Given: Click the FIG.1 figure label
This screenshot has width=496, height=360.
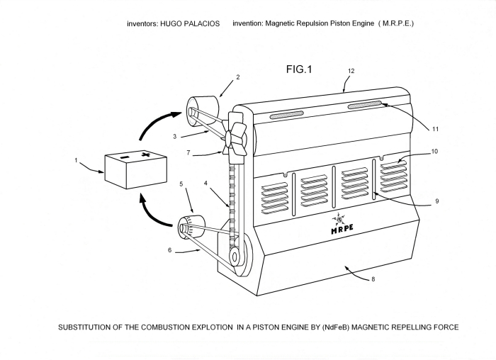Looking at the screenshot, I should coord(298,69).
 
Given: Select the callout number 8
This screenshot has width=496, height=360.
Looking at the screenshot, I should coord(373,279).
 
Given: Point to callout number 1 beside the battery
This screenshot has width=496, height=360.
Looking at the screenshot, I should coord(76,160).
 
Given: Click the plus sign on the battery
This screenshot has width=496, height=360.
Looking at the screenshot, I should coord(145,154).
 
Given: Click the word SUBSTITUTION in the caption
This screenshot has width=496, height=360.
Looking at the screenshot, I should coord(90,327).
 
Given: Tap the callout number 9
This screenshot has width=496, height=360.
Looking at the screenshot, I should coord(437,201).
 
